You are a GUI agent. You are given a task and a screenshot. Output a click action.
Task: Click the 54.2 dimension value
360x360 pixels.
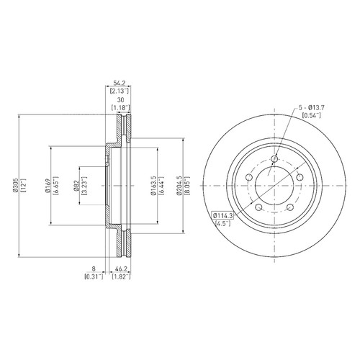[120, 83]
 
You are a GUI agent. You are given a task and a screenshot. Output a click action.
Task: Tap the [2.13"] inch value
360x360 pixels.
[120, 91]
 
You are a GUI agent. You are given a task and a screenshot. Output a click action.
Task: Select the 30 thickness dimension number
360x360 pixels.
[120, 100]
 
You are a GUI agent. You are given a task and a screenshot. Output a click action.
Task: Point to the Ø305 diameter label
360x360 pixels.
[15, 185]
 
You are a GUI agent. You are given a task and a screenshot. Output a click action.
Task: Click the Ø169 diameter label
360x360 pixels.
[48, 185]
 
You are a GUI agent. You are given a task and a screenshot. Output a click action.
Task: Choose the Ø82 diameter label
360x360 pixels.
[76, 186]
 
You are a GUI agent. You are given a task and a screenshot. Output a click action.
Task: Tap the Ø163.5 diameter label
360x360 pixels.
[153, 185]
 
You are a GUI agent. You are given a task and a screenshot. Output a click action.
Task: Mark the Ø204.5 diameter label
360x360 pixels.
[179, 185]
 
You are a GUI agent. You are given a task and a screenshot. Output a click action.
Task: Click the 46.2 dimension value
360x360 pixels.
[122, 269]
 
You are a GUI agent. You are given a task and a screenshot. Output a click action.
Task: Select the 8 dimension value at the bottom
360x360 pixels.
[94, 269]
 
